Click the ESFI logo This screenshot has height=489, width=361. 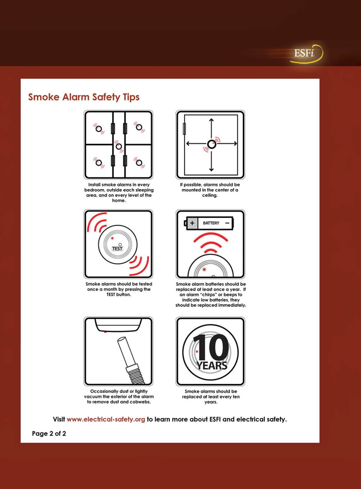click(x=306, y=54)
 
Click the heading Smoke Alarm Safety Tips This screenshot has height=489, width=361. click(x=84, y=97)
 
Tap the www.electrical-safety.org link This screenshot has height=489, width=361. click(x=106, y=419)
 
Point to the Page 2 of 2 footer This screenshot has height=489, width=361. click(x=49, y=433)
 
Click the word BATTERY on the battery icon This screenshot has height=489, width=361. click(x=211, y=223)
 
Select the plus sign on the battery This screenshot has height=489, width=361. click(x=192, y=223)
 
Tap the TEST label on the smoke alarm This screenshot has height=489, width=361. click(x=117, y=249)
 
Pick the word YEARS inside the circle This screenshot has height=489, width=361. click(x=212, y=366)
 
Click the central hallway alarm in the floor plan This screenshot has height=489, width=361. click(x=119, y=146)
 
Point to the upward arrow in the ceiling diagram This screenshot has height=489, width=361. click(x=211, y=129)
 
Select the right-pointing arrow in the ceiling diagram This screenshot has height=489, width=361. click(x=227, y=144)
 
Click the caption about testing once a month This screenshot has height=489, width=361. click(x=119, y=289)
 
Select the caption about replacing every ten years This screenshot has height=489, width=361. click(x=211, y=397)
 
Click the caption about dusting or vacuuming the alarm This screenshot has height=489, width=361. click(x=119, y=396)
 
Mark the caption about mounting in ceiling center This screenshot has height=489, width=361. click(x=210, y=190)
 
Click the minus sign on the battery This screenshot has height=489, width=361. click(x=227, y=223)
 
